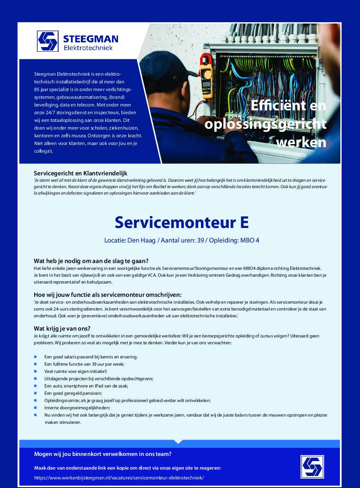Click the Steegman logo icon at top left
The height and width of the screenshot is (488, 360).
coord(47,41)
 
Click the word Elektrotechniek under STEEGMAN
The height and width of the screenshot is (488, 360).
coord(88,48)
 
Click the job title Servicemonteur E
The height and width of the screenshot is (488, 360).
coord(181,223)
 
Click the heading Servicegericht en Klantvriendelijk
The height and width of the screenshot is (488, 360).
coord(81,173)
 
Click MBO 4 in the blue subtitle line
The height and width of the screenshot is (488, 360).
coord(250,240)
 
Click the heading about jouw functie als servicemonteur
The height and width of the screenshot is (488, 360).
coord(108,294)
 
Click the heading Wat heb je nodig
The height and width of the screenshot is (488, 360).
coord(91,261)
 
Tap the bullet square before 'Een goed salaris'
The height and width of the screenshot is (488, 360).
coord(35,356)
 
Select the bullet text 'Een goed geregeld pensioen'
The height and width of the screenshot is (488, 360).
coord(73,393)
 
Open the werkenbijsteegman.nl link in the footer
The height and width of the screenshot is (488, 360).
coord(119,477)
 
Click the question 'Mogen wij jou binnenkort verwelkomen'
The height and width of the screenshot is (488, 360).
coord(103,454)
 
